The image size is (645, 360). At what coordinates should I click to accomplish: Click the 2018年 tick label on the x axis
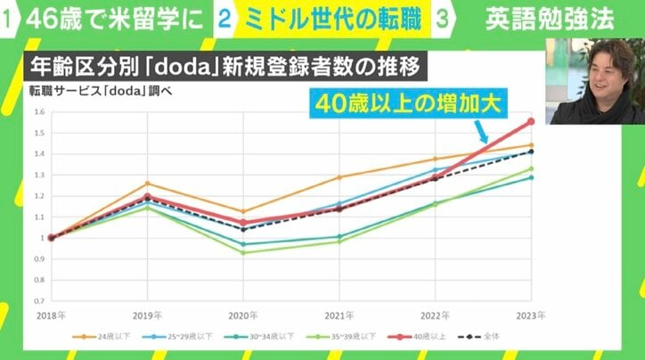coord(51,316)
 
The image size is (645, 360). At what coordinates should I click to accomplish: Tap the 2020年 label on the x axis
coord(242,316)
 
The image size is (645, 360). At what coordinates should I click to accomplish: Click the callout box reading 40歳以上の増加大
coord(420,103)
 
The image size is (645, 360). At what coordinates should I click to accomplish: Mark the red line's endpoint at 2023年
coord(530,121)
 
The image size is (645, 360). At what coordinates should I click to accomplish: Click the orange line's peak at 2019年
coord(147,184)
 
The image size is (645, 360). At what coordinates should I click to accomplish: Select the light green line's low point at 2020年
coord(242,252)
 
